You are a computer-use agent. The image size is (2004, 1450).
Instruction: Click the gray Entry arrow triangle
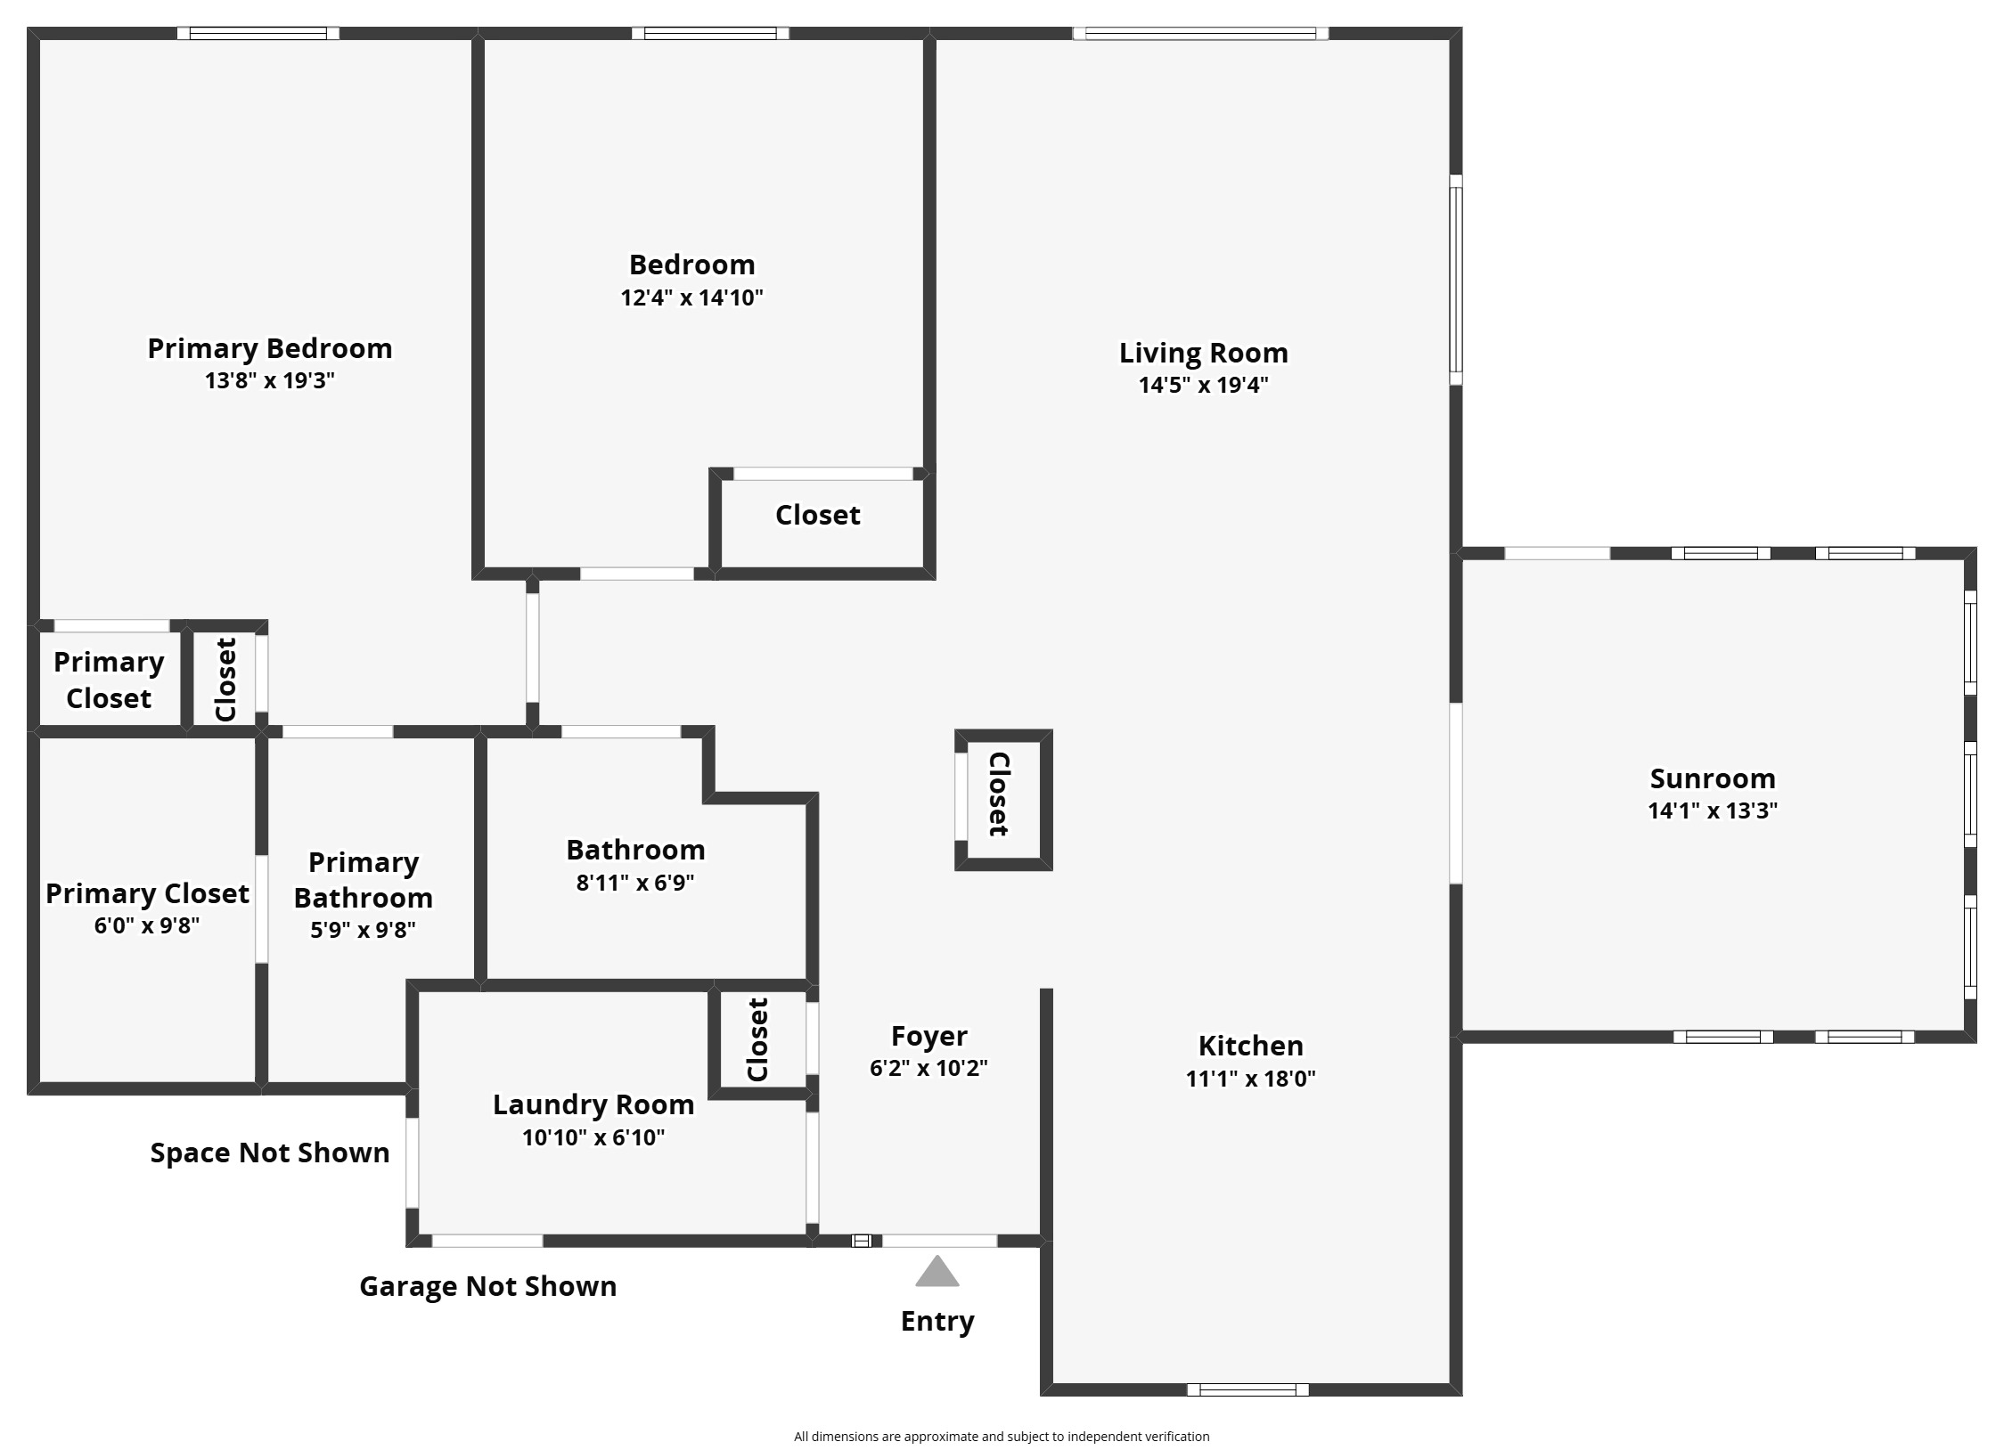pos(937,1272)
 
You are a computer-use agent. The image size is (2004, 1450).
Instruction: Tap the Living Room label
pos(1203,353)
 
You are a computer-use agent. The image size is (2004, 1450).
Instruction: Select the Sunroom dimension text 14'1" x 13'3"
pos(1713,811)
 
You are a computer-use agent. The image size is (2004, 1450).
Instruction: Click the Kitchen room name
pos(1250,1045)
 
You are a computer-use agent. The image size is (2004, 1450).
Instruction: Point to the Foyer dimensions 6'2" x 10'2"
pos(928,1067)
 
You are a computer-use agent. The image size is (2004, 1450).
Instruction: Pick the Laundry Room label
pos(593,1104)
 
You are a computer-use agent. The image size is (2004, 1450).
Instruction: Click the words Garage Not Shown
pos(487,1286)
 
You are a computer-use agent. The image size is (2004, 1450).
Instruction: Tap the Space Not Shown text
pos(270,1153)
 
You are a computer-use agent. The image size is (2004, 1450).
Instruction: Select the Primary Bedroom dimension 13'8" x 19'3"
pos(269,380)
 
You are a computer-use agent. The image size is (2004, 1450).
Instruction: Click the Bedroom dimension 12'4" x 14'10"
pos(691,297)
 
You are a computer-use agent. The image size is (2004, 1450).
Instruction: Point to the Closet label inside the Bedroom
pos(818,515)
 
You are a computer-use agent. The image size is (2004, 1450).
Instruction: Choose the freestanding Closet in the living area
pos(1003,800)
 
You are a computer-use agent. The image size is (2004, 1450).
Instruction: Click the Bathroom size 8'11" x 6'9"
pos(635,883)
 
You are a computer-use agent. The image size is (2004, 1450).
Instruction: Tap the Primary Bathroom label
pos(364,880)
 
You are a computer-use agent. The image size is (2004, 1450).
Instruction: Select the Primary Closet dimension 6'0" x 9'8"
pos(147,925)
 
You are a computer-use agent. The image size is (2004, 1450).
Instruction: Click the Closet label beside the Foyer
pos(757,1039)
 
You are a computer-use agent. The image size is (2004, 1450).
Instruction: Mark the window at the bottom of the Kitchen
pos(1247,1389)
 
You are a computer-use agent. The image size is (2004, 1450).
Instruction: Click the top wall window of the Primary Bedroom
pos(258,34)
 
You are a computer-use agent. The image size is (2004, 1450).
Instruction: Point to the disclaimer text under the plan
pos(1002,1436)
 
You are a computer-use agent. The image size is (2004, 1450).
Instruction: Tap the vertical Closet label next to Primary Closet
pos(225,680)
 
